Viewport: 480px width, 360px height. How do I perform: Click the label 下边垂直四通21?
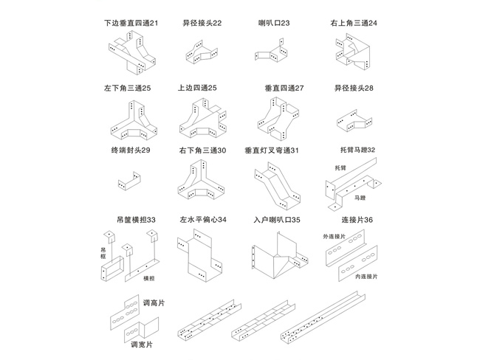pyautogui.click(x=131, y=23)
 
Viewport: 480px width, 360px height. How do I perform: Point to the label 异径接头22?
pyautogui.click(x=202, y=23)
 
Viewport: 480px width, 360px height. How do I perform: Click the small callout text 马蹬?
pyautogui.click(x=360, y=198)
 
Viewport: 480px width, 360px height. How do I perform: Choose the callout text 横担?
pyautogui.click(x=149, y=278)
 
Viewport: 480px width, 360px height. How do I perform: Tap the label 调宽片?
pyautogui.click(x=140, y=344)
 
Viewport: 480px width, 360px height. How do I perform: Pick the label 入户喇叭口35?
pyautogui.click(x=276, y=220)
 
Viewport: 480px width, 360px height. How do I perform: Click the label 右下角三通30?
pyautogui.click(x=202, y=150)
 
